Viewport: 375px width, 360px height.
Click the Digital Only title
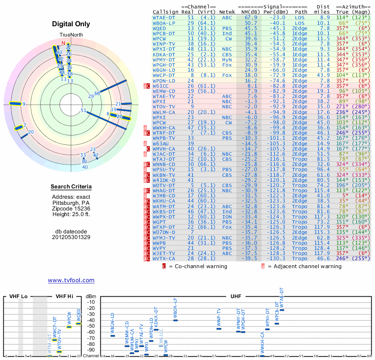point(71,24)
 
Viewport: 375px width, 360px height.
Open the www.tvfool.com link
point(71,280)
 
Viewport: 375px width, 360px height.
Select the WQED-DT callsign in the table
point(164,28)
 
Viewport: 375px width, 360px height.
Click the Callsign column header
point(166,11)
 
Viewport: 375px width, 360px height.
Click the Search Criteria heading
point(71,187)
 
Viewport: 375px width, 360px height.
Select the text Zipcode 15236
point(71,208)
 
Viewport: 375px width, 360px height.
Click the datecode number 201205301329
point(71,237)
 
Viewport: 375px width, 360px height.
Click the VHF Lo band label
point(18,296)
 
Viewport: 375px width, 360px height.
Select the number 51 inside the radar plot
point(83,111)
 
